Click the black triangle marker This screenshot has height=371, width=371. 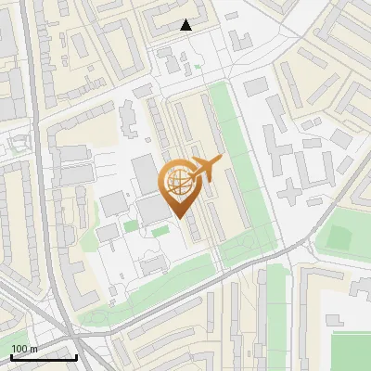[x=186, y=25]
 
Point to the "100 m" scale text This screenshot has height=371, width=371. [x=24, y=348]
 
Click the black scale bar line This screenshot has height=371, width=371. [x=44, y=356]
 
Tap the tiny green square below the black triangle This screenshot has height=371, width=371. [x=198, y=66]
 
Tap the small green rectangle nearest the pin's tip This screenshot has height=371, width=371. [x=160, y=230]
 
